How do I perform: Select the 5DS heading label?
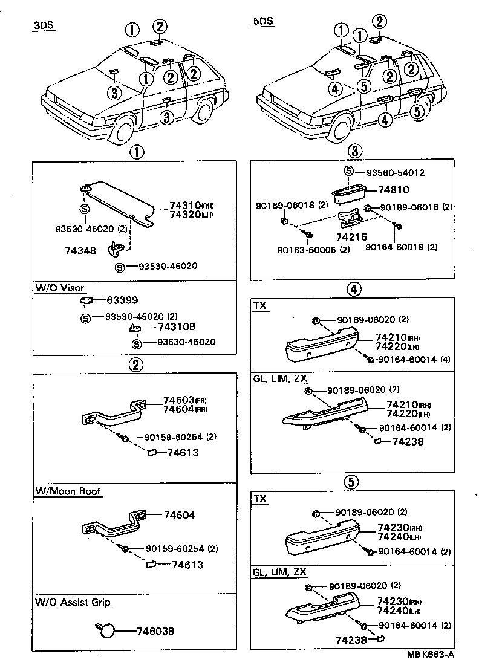coord(263,21)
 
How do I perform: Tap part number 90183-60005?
coord(307,249)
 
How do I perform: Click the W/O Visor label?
coord(59,288)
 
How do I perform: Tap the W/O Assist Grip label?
coord(73,603)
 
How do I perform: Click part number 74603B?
coord(155,632)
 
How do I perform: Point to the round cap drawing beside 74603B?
coord(107,631)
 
